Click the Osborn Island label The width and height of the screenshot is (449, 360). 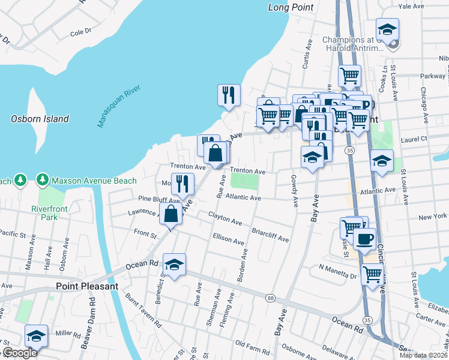(40, 119)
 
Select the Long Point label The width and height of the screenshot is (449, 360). (291, 7)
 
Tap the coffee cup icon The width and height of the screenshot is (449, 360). (364, 239)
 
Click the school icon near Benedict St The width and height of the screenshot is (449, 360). (174, 265)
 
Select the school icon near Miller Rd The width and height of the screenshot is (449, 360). (36, 337)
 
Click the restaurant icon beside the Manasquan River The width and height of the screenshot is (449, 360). (229, 95)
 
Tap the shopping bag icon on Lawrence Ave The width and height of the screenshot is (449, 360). (171, 212)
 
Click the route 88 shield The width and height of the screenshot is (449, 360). (271, 299)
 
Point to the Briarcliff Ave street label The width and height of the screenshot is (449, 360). (270, 235)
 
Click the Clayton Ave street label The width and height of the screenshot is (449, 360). (225, 218)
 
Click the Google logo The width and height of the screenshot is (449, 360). (20, 353)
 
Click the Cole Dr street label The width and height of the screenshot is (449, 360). (80, 31)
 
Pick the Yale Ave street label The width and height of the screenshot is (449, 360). (411, 6)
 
